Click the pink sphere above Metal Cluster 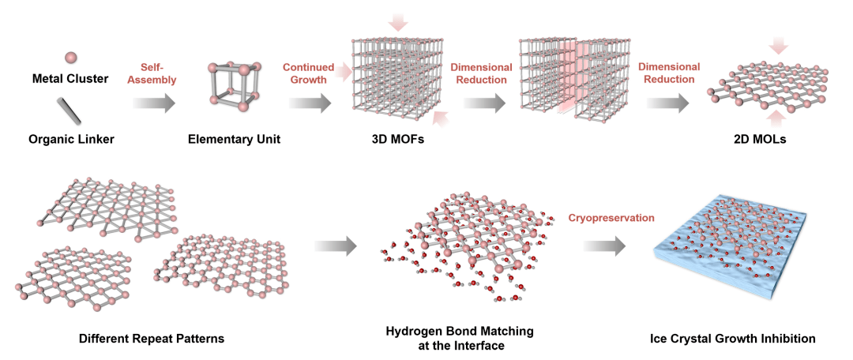tap(70, 58)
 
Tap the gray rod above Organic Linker tap(70, 110)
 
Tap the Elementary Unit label tap(235, 140)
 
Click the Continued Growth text tap(308, 73)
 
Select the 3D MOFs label tap(391, 140)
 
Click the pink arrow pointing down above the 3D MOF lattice tap(396, 24)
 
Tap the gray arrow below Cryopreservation tap(603, 246)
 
